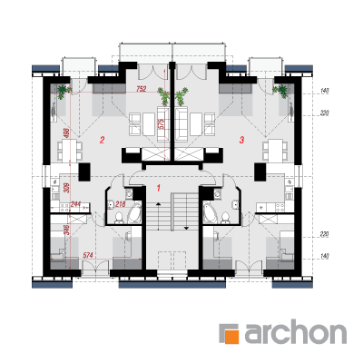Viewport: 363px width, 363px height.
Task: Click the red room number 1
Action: click(x=158, y=188)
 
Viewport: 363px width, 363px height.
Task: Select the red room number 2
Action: click(x=103, y=140)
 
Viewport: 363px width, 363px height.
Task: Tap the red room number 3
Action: click(x=241, y=140)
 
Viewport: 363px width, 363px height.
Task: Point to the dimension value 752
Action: click(x=142, y=89)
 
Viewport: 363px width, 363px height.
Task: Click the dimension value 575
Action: click(x=161, y=123)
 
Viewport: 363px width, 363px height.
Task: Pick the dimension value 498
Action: click(x=67, y=132)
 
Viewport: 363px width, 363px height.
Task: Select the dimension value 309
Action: click(x=67, y=188)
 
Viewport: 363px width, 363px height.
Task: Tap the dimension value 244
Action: click(x=75, y=204)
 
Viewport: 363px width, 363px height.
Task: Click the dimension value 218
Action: click(x=121, y=204)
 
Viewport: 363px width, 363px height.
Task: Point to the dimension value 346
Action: click(x=67, y=230)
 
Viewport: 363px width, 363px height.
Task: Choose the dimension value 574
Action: click(x=88, y=256)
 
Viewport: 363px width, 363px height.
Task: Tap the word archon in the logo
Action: click(x=295, y=333)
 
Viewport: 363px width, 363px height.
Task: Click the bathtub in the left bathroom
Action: click(x=135, y=213)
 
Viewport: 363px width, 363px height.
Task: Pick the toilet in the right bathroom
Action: click(x=225, y=218)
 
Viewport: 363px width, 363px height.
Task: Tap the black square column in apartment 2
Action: click(x=84, y=172)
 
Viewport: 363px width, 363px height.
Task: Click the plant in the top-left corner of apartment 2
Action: click(x=64, y=91)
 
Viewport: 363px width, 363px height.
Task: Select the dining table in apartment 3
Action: click(x=275, y=151)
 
